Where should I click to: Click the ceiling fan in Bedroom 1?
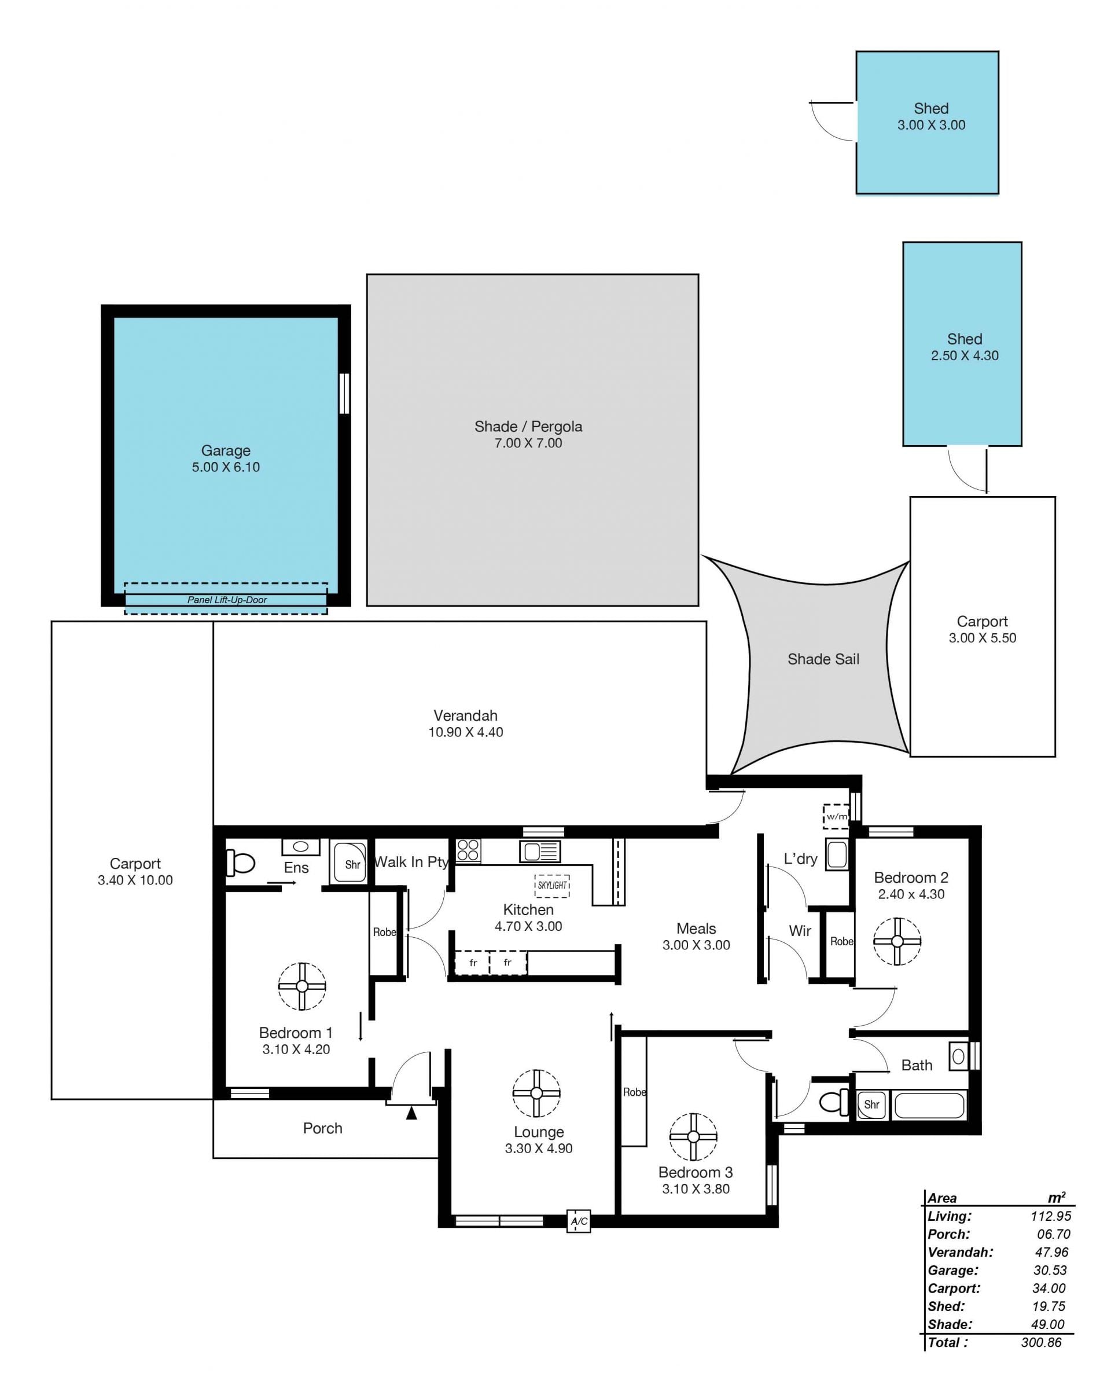click(302, 986)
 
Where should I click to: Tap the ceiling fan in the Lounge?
click(536, 1093)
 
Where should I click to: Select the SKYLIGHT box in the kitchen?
click(552, 885)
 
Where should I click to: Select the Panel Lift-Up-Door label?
click(227, 600)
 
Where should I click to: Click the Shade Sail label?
click(823, 659)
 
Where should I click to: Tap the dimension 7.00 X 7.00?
click(528, 443)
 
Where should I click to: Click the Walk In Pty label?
click(411, 861)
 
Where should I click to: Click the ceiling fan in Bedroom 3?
click(693, 1137)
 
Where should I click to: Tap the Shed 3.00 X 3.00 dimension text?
click(931, 125)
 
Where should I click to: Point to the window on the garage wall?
click(344, 393)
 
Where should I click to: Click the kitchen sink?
click(539, 852)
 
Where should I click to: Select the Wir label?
click(800, 931)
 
